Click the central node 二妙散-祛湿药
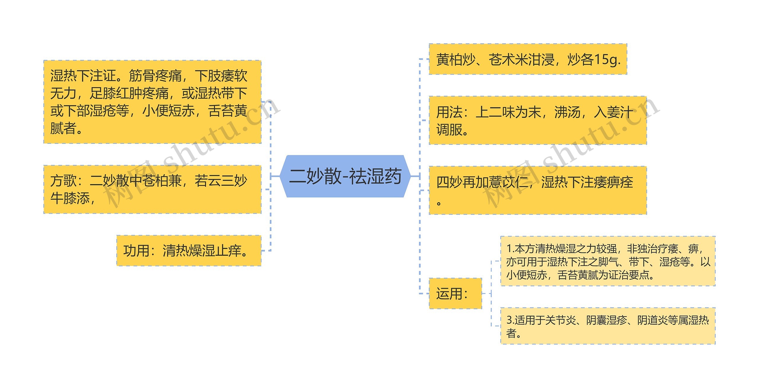pyautogui.click(x=345, y=176)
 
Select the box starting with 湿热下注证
pyautogui.click(x=152, y=102)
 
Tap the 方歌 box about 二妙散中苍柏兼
pyautogui.click(x=152, y=189)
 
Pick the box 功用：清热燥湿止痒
pyautogui.click(x=189, y=250)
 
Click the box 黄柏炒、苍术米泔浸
pyautogui.click(x=527, y=59)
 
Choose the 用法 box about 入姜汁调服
pyautogui.click(x=538, y=120)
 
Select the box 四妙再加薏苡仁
pyautogui.click(x=538, y=190)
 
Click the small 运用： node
pyautogui.click(x=455, y=293)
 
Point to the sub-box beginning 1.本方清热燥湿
pyautogui.click(x=608, y=261)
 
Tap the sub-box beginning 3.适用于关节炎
pyautogui.click(x=608, y=326)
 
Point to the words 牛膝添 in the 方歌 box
pyautogui.click(x=70, y=198)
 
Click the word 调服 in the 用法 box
pyautogui.click(x=449, y=130)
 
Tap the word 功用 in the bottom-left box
pyautogui.click(x=136, y=251)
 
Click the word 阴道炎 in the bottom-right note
pyautogui.click(x=652, y=320)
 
